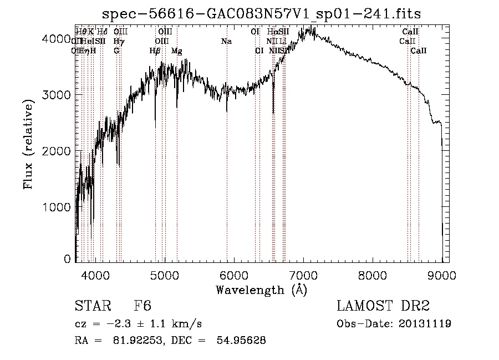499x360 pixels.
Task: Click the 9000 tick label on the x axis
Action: tap(442, 275)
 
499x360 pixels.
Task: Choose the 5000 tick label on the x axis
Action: tap(165, 275)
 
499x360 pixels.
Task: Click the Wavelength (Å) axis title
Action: tap(261, 290)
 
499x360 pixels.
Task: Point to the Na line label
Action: tap(226, 42)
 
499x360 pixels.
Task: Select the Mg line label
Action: tap(176, 51)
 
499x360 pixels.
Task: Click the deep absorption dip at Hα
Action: tap(273, 111)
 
